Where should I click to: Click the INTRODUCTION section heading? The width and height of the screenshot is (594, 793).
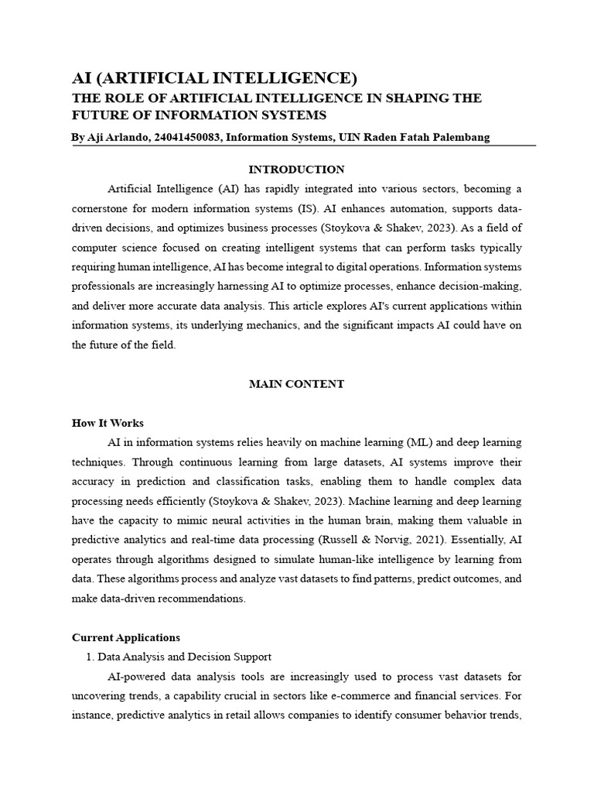click(x=296, y=170)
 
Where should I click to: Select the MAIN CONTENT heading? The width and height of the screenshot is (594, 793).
click(x=296, y=384)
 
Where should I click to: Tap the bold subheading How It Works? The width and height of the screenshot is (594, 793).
click(x=108, y=423)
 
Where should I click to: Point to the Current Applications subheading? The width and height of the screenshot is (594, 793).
click(x=126, y=637)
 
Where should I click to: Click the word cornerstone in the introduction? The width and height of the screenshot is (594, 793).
click(x=105, y=209)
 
